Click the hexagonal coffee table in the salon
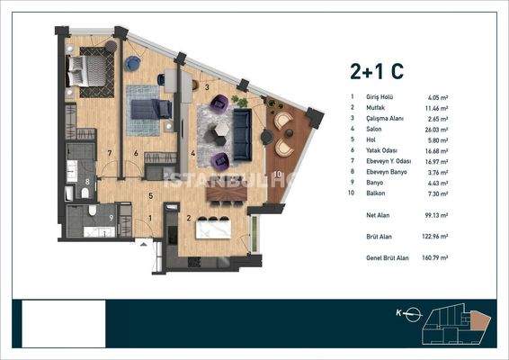[x=220, y=131]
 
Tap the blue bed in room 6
[x=147, y=109]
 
